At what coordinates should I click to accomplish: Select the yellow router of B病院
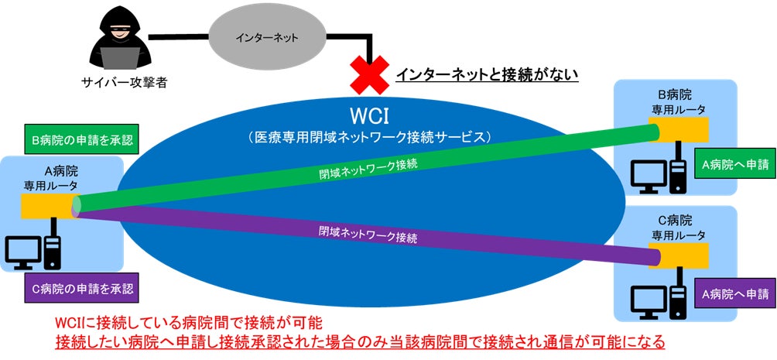coord(682,129)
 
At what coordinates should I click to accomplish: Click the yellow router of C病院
coord(682,254)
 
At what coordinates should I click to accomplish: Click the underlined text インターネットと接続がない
coord(488,75)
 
